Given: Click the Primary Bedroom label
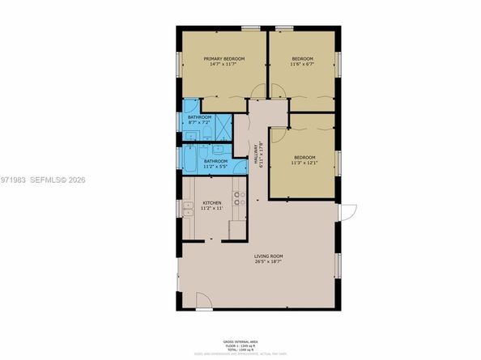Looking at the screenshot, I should [224, 57].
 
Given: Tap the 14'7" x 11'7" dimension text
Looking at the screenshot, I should [224, 64].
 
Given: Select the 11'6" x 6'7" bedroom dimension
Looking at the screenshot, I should [302, 64].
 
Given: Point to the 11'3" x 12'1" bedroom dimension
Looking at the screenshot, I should [304, 162].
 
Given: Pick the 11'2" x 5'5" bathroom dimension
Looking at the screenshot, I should [215, 167].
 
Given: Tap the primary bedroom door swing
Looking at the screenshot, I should [258, 91].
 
